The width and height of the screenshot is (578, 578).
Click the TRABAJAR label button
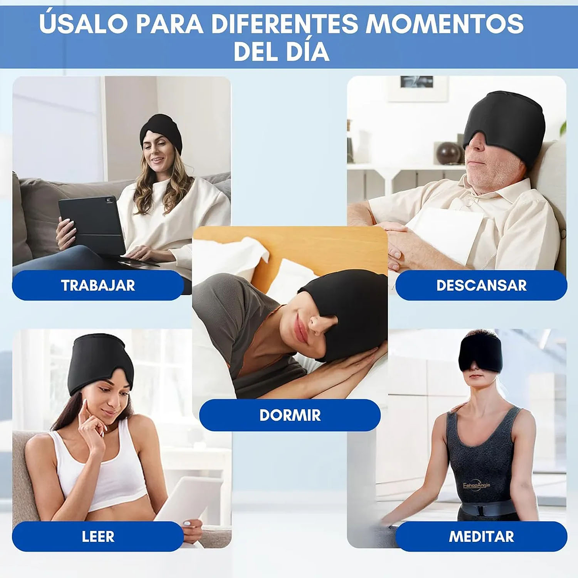point(98,285)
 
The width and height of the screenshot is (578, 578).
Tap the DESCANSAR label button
point(481,285)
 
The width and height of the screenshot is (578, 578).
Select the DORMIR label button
point(290,415)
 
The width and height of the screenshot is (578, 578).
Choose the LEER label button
point(98,536)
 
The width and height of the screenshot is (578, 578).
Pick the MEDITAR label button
point(481,536)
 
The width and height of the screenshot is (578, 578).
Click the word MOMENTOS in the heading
point(444,24)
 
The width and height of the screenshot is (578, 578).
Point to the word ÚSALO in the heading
point(83,24)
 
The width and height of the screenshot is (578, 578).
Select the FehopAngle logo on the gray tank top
point(476,486)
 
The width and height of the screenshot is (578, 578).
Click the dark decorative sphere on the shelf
point(448,153)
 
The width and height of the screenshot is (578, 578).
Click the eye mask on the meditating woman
point(480,355)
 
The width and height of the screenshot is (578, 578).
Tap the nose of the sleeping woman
point(318,324)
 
